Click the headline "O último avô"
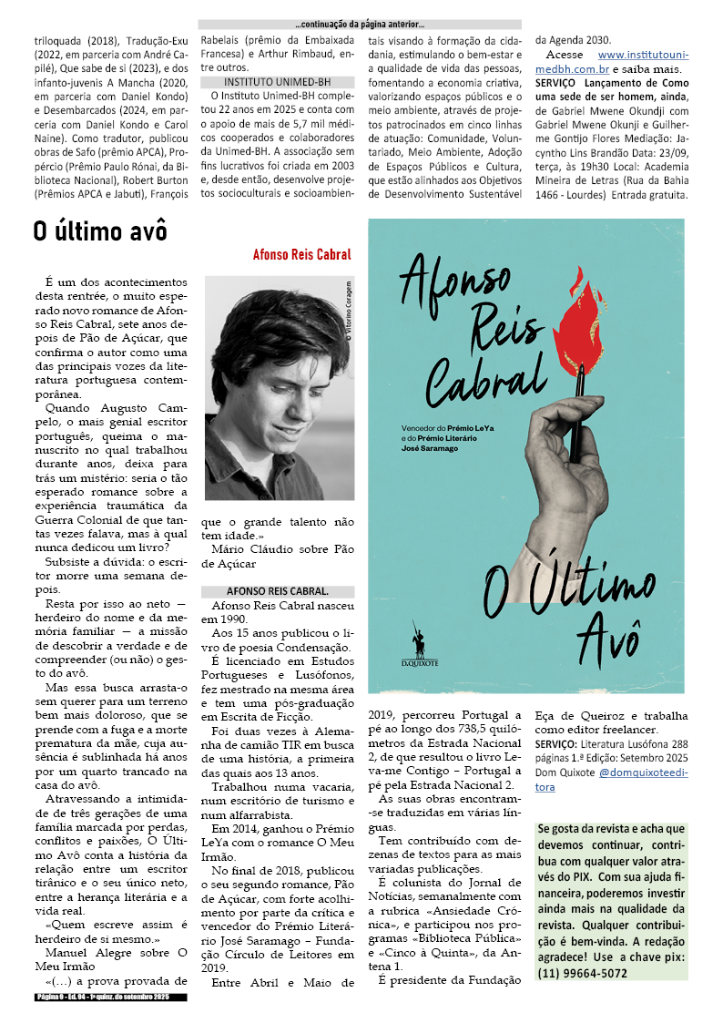click(x=100, y=231)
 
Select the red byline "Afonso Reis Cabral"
click(x=301, y=255)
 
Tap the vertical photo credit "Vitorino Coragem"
click(x=347, y=309)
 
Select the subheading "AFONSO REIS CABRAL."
click(x=265, y=590)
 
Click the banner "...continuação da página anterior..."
click(x=360, y=25)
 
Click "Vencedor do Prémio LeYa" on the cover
click(x=445, y=427)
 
